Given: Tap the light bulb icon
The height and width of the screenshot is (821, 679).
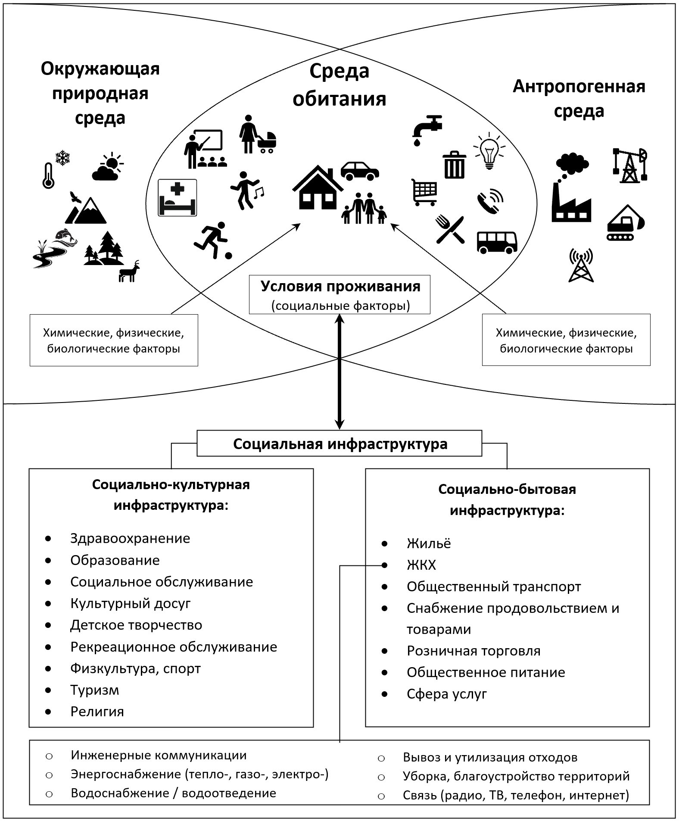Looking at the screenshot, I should tap(489, 151).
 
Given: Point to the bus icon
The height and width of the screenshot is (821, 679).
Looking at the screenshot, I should tap(497, 242).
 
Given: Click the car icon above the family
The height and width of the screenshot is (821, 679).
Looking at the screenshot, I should tap(360, 171).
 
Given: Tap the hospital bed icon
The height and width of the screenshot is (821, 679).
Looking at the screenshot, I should tap(178, 197).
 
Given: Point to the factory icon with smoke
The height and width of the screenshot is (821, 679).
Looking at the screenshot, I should tap(571, 190).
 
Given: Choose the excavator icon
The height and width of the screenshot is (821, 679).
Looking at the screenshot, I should tap(626, 223).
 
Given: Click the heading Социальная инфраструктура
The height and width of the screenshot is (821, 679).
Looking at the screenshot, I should tap(340, 444).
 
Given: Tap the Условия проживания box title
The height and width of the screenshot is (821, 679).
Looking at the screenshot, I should tap(340, 287).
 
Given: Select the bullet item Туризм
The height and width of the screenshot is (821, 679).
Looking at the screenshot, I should tap(95, 690).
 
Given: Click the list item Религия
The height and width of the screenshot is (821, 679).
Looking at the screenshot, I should tap(97, 712).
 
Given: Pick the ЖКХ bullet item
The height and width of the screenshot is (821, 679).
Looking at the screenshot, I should tap(421, 565).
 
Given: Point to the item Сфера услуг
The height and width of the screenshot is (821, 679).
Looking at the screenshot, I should tap(447, 694).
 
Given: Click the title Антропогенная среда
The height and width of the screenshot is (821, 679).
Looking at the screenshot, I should tap(579, 99).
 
